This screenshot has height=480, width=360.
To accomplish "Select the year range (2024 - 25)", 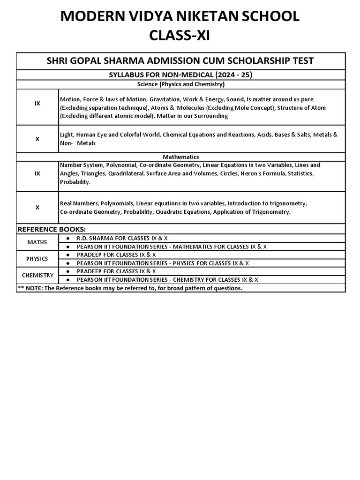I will [231, 75].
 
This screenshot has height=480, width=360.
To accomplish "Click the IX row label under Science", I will [37, 103].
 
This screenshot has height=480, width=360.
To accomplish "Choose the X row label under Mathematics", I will [37, 207].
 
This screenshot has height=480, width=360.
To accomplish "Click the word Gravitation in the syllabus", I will [164, 99].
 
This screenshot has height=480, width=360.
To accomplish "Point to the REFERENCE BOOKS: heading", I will [52, 229].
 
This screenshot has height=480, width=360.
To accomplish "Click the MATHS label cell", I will [37, 242].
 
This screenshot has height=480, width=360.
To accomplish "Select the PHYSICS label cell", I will [37, 259].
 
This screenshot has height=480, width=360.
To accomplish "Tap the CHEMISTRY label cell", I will [37, 275].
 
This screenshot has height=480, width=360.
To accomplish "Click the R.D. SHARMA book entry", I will [122, 238].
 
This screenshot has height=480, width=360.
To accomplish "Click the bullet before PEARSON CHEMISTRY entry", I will [68, 280].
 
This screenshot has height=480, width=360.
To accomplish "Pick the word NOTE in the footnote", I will [33, 288].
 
